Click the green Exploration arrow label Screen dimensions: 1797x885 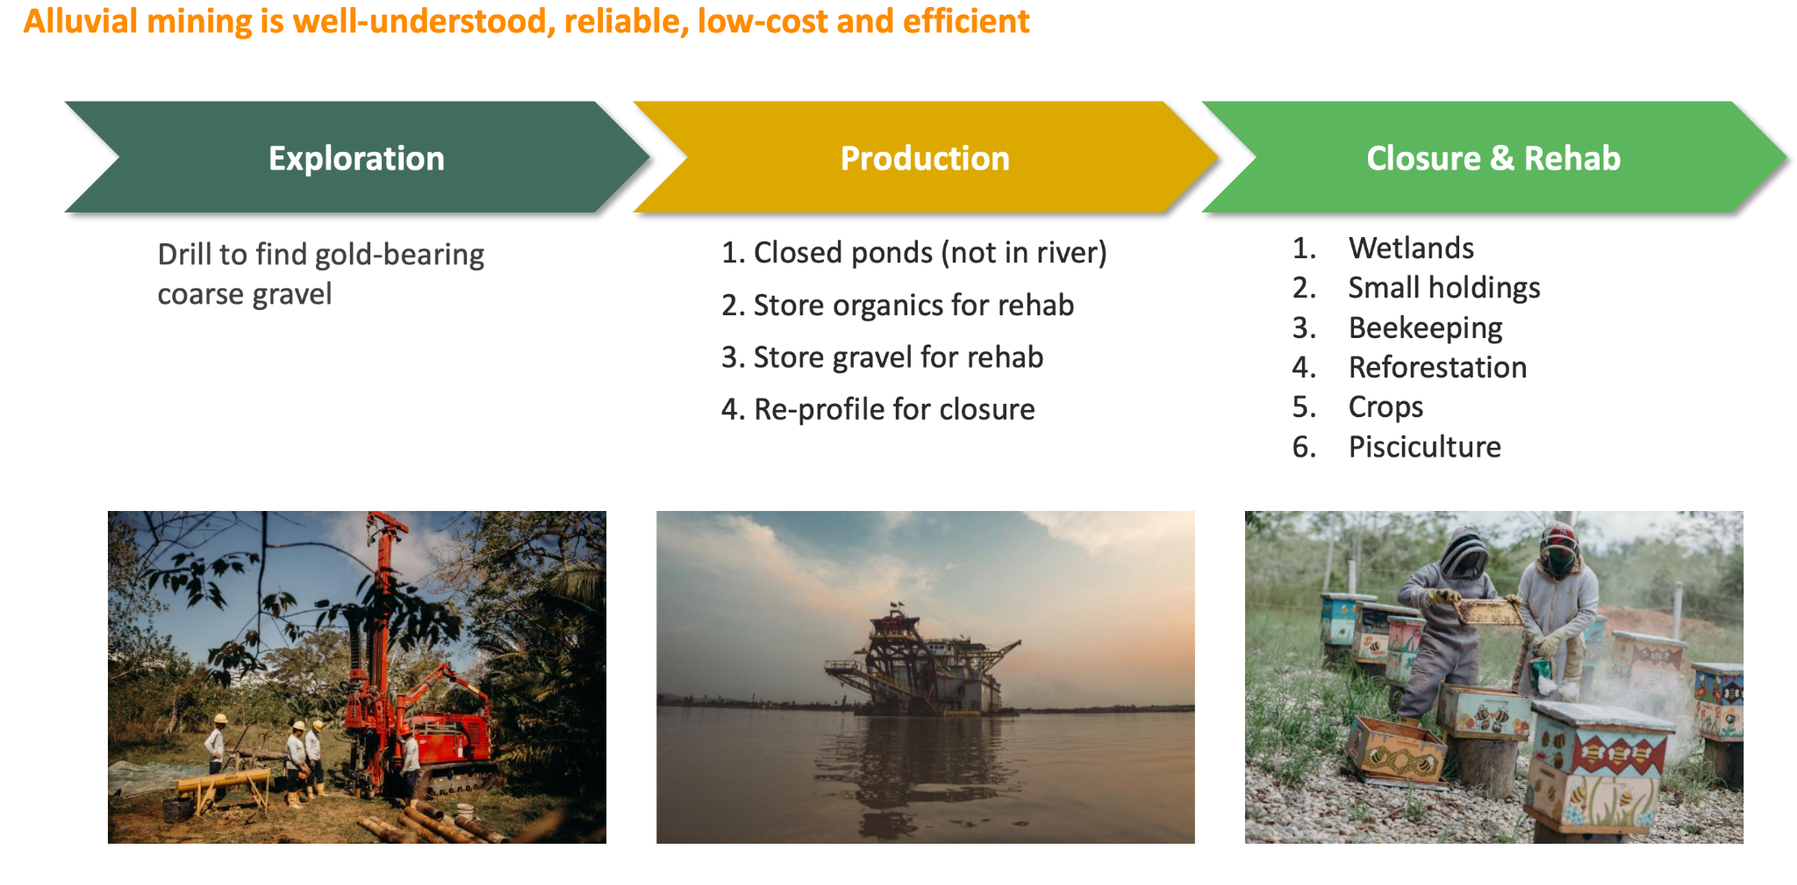coord(356,158)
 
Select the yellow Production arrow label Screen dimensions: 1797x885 coord(925,158)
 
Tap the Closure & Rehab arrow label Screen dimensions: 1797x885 coord(1493,158)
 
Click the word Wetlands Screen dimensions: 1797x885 coord(1411,248)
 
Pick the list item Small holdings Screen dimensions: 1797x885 coord(1444,288)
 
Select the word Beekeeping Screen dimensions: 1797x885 coord(1425,328)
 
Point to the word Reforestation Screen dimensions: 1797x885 coord(1437,367)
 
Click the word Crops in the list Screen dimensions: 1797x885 coord(1385,407)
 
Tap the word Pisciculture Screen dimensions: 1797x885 coord(1424,447)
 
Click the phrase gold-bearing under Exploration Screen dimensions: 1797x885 coord(399,255)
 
